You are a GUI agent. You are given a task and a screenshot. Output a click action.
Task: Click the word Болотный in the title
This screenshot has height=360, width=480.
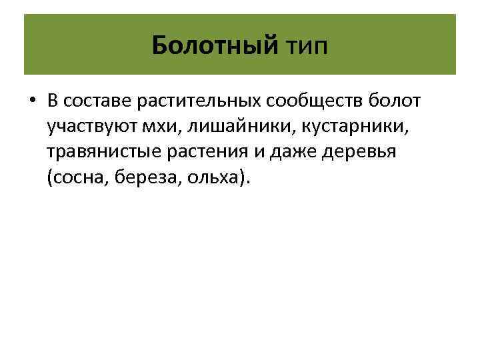coord(214,45)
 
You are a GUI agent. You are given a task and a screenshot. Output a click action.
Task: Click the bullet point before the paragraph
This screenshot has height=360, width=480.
coord(31,103)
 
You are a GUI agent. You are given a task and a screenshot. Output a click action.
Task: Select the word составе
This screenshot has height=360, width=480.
coord(91,102)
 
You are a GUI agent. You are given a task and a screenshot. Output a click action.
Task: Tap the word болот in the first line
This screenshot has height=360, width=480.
coord(397,102)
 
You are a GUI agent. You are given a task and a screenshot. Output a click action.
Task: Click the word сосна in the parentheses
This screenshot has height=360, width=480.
coord(75,178)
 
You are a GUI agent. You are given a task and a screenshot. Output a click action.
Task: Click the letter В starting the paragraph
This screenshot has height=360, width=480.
coord(53,102)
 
